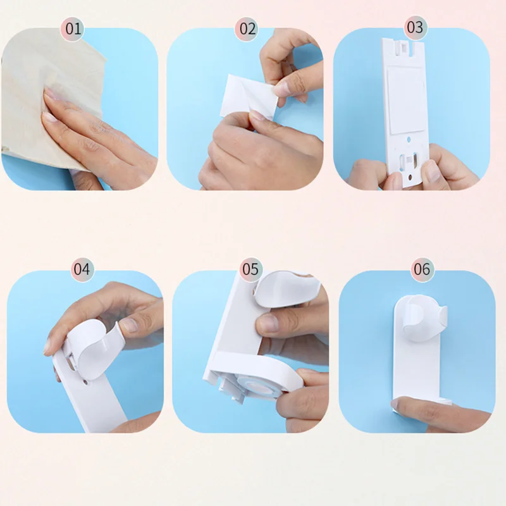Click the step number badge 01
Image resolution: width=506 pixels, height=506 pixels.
pos(74,29)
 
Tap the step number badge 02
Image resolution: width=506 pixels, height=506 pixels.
pos(247,29)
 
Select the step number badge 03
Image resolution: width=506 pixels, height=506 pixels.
pos(414,28)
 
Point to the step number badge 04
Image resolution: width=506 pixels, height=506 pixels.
pos(82,269)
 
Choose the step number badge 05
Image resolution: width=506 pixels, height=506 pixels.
pos(250,269)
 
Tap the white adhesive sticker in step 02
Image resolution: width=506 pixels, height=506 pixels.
pos(240,95)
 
